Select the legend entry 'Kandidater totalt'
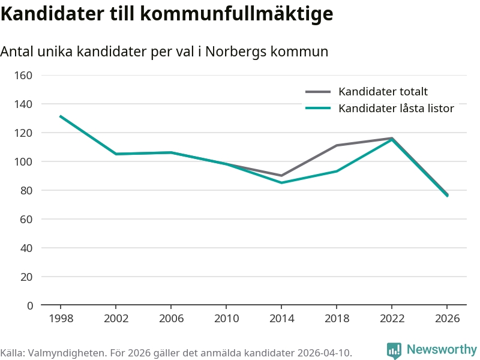click(x=383, y=92)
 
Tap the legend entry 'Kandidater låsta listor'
click(x=396, y=109)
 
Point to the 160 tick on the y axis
click(x=24, y=76)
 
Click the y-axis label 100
click(x=24, y=162)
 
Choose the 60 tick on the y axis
click(x=26, y=220)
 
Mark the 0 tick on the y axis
click(x=29, y=306)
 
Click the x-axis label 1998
click(x=61, y=319)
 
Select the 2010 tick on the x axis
click(x=226, y=319)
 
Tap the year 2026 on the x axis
click(x=447, y=319)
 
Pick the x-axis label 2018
click(x=337, y=319)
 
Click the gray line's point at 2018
click(x=337, y=145)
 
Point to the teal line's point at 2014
click(x=281, y=182)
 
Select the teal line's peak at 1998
click(x=61, y=116)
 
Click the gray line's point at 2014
click(x=281, y=176)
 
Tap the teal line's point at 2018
click(x=337, y=171)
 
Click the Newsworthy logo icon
click(x=394, y=350)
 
